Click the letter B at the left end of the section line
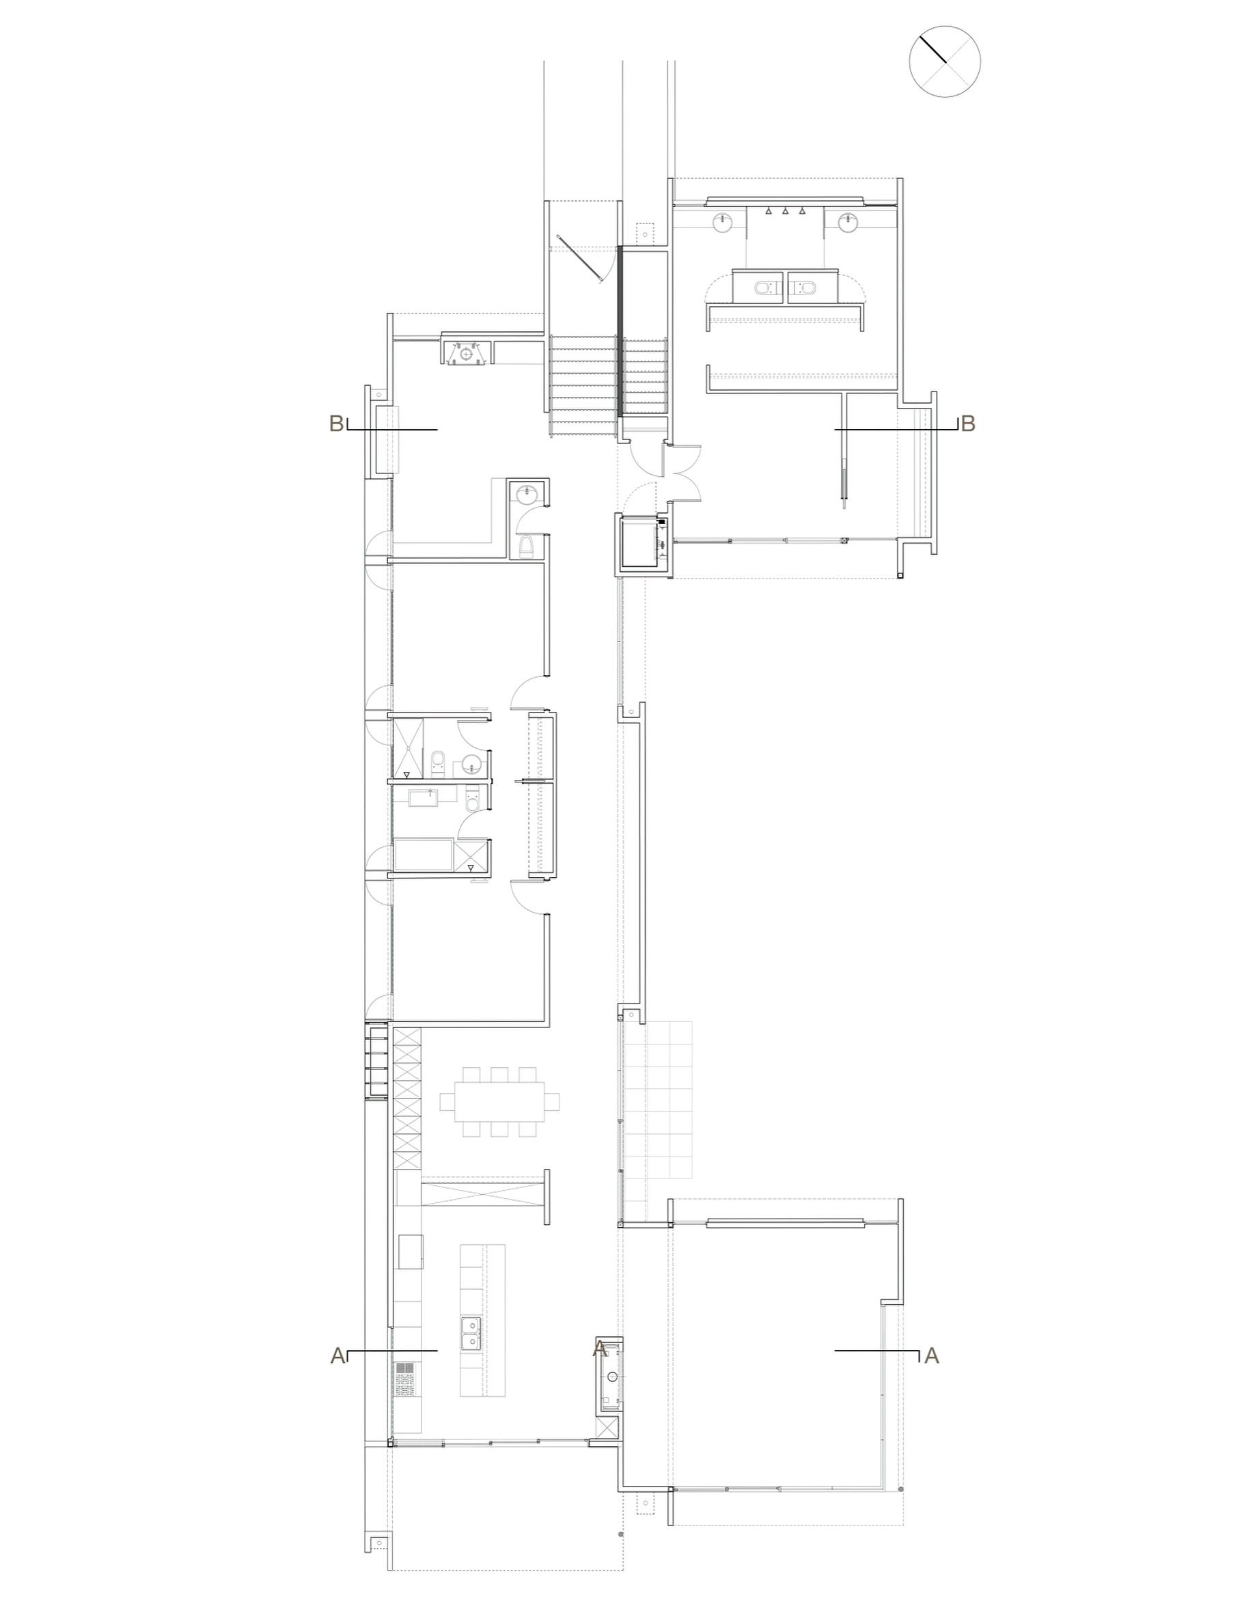pos(337,424)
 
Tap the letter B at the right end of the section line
pos(967,424)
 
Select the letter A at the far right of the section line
pos(932,1355)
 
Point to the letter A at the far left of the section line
pos(337,1355)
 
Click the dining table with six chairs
pos(499,1102)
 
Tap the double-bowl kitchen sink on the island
pos(470,1334)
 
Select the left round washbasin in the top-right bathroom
pos(723,222)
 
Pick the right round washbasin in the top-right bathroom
pos(848,222)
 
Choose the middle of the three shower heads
pos(786,212)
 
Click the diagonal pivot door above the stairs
pos(579,258)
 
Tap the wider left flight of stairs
pos(583,386)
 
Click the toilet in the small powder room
pos(526,547)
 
